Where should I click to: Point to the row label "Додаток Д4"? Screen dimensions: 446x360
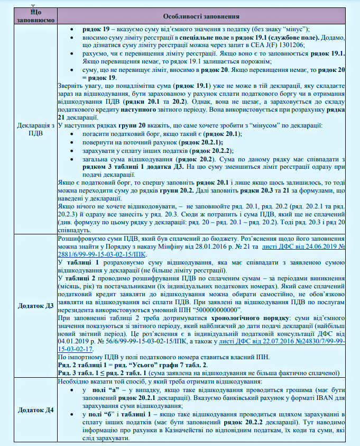point(33,410)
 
